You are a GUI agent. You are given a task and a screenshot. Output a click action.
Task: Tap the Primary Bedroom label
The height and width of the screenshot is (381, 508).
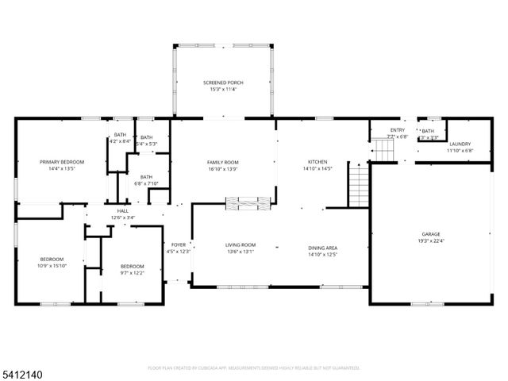(x=62, y=162)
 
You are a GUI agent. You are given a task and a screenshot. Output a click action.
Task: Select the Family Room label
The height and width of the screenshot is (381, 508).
(x=223, y=162)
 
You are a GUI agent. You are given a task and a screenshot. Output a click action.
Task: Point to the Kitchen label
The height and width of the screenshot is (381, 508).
(x=317, y=162)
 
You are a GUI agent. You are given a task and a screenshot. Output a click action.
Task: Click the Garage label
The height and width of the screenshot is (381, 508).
(x=430, y=235)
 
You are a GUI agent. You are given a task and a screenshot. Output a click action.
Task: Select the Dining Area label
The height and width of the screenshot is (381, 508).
(x=323, y=248)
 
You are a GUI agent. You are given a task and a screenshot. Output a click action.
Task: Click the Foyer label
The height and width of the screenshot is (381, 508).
(x=179, y=245)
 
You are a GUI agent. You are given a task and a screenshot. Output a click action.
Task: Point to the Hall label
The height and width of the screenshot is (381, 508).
(x=122, y=211)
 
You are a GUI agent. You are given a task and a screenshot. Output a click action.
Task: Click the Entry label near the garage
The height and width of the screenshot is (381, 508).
(x=397, y=130)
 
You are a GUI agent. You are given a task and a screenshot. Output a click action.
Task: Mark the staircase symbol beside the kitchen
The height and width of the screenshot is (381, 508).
(x=359, y=183)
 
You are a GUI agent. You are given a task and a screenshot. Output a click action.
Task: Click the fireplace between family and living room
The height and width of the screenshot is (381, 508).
(x=248, y=204)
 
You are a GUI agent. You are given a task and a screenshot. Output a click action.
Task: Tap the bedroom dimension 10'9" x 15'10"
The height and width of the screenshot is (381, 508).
(x=52, y=266)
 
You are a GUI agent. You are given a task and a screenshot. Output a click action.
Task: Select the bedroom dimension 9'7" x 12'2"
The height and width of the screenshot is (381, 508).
(x=133, y=272)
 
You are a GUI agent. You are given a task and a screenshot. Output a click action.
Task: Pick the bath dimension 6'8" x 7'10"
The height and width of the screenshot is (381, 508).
(x=146, y=183)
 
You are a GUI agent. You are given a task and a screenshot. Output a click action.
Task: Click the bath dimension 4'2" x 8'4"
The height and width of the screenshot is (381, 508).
(x=120, y=141)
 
